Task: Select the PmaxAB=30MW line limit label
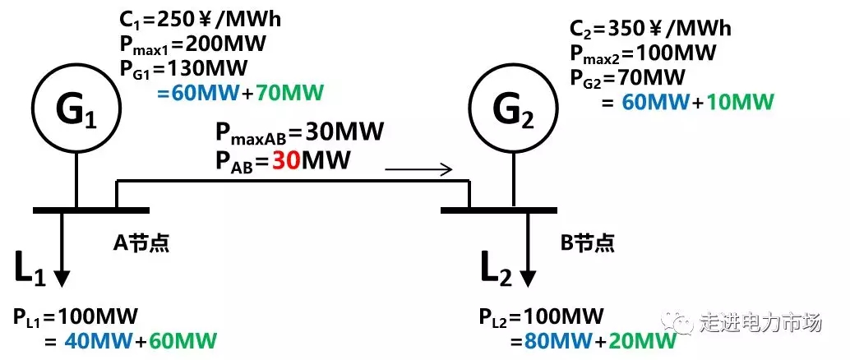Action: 299,132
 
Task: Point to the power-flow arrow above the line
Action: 418,171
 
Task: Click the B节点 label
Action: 587,243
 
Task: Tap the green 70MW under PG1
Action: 289,90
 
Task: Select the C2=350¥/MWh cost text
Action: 650,30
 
